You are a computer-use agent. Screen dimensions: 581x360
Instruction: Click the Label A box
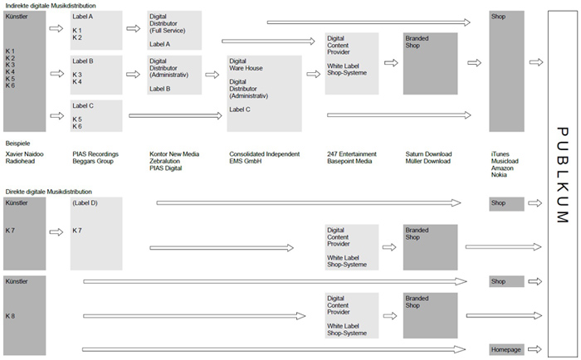[x=96, y=30]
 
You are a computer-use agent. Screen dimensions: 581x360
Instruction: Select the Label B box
[x=96, y=75]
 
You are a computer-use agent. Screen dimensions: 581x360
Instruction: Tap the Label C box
[x=96, y=115]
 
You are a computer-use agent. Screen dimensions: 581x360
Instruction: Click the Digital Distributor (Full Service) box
[x=174, y=30]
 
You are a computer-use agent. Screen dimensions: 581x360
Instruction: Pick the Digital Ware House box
[x=264, y=94]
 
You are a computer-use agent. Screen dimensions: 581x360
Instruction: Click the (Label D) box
[x=96, y=233]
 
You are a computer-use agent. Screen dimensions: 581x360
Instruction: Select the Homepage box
[x=506, y=349]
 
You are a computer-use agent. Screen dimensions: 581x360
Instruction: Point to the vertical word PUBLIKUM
[x=563, y=175]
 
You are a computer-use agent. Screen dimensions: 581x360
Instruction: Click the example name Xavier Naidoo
[x=24, y=154]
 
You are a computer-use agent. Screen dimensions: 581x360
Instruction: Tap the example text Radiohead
[x=20, y=161]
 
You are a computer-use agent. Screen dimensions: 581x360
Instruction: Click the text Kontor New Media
[x=174, y=154]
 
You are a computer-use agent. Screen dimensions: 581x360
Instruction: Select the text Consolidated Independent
[x=264, y=154]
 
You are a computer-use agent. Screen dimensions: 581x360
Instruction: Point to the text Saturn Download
[x=428, y=154]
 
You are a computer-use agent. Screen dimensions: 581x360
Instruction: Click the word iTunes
[x=500, y=154]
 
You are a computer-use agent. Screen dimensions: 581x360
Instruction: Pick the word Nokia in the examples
[x=499, y=175]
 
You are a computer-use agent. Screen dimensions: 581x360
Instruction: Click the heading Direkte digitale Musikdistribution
[x=48, y=192]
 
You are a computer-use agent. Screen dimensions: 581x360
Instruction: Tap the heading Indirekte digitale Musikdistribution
[x=51, y=6]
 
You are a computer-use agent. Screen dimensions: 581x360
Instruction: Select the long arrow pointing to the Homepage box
[x=274, y=349]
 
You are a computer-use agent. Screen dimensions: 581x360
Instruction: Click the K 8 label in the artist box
[x=10, y=316]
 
